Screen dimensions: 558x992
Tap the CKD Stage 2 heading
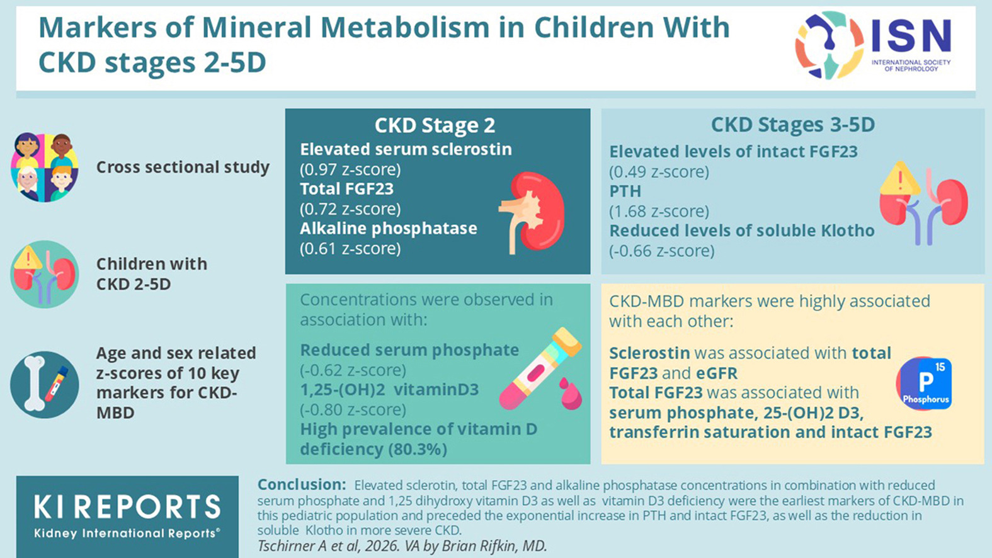coord(435,125)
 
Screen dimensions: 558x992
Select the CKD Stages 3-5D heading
coord(792,124)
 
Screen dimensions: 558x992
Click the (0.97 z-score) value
coord(350,169)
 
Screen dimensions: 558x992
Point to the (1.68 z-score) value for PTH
coord(659,211)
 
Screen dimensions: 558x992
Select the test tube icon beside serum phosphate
coord(540,369)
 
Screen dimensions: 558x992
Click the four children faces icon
coord(45,168)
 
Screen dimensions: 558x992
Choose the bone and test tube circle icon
coord(45,385)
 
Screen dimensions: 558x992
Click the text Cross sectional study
coord(183,168)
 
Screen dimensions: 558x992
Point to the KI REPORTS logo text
coord(127,507)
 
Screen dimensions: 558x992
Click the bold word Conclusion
coord(301,485)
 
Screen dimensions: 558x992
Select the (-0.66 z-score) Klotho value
coord(661,251)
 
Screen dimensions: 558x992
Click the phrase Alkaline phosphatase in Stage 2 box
coord(388,228)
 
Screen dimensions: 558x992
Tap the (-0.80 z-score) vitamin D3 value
coord(353,409)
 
